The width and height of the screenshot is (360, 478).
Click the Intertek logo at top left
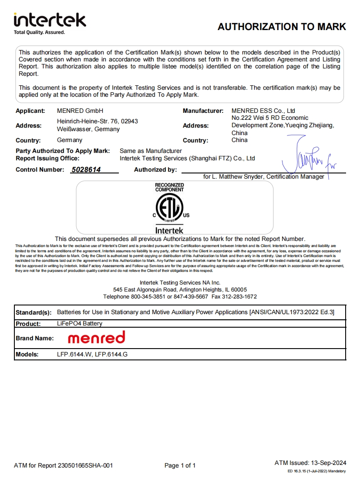pyautogui.click(x=50, y=20)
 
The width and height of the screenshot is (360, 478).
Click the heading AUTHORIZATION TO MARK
pyautogui.click(x=282, y=27)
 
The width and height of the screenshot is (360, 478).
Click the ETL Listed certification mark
pyautogui.click(x=169, y=209)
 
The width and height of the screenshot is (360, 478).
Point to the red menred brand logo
pyautogui.click(x=96, y=337)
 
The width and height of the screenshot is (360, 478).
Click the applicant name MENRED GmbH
pyautogui.click(x=80, y=111)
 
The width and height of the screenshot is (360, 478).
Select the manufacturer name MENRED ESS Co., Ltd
pyautogui.click(x=263, y=111)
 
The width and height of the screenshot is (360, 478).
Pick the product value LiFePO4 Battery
pyautogui.click(x=80, y=323)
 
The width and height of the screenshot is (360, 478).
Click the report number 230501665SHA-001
pyautogui.click(x=85, y=465)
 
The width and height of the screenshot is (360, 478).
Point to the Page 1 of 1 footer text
pyautogui.click(x=180, y=465)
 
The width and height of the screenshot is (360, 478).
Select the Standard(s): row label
pyautogui.click(x=34, y=312)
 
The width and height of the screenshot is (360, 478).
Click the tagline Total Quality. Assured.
pyautogui.click(x=39, y=32)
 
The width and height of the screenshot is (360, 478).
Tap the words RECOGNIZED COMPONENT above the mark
pyautogui.click(x=169, y=187)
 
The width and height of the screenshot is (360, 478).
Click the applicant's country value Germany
pyautogui.click(x=70, y=140)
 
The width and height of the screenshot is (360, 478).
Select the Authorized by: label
pyautogui.click(x=155, y=170)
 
